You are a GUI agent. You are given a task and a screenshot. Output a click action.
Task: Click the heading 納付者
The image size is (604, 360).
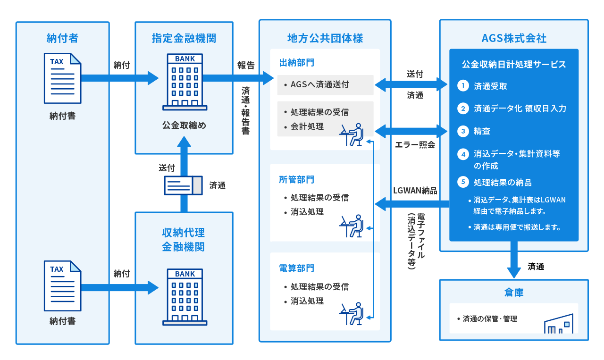pos(62,39)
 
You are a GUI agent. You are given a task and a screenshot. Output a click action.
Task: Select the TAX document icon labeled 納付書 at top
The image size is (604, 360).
pos(62,78)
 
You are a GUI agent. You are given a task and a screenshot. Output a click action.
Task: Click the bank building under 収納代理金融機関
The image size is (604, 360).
pos(185,296)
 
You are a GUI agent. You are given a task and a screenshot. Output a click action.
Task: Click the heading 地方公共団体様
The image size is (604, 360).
pos(325,39)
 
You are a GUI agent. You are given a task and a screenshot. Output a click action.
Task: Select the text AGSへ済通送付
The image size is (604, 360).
pos(319,85)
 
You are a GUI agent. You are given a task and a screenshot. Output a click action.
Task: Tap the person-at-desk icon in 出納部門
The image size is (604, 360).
pos(352,135)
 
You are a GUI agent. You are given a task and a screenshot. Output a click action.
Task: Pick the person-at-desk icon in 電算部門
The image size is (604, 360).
pos(352,314)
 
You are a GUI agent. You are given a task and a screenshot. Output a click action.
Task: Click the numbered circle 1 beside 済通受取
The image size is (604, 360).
pos(463,86)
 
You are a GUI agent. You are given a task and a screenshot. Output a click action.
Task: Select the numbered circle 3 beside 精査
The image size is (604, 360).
pos(463,131)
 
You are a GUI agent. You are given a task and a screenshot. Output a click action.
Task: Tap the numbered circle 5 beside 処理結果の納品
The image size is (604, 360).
pos(463,182)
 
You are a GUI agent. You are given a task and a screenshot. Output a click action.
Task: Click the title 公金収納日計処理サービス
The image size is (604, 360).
pos(514,65)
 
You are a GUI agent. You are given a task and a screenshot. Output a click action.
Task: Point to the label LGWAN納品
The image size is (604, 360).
pos(415,191)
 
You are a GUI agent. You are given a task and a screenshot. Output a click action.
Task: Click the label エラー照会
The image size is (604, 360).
pos(415,145)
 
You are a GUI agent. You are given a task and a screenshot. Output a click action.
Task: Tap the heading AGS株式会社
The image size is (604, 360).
pos(514,39)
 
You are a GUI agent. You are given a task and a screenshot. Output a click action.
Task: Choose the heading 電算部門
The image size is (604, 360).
pos(297,268)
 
